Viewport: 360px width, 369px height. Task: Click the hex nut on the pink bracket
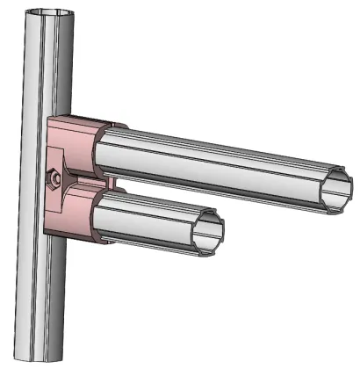click(54, 177)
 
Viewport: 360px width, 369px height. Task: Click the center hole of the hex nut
click(54, 177)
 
